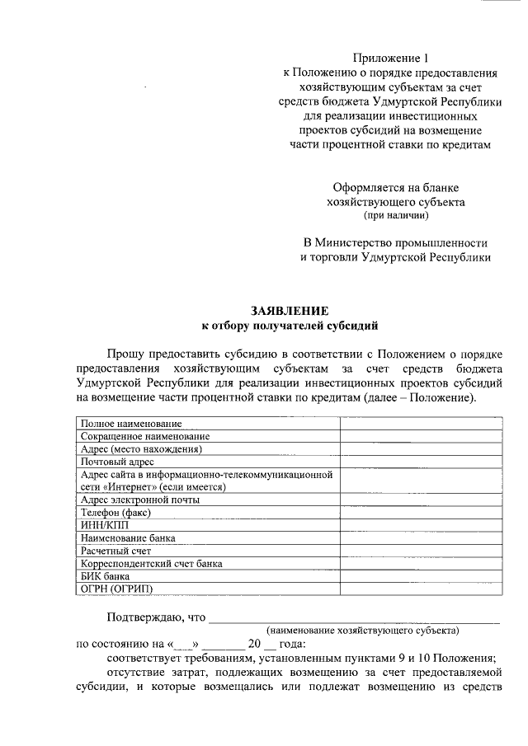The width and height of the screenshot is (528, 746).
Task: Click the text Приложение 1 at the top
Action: [x=392, y=58]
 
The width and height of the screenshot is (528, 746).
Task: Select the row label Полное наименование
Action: [x=131, y=424]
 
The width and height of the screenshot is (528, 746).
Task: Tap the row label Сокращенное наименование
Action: [x=144, y=436]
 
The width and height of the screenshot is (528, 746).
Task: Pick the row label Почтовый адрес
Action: [x=117, y=462]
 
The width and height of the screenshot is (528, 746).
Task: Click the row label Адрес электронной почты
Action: [x=139, y=500]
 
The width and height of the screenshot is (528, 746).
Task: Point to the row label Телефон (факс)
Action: [x=117, y=512]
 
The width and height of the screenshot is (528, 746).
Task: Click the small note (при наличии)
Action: [x=396, y=216]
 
